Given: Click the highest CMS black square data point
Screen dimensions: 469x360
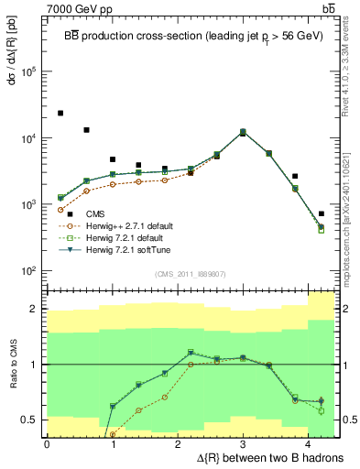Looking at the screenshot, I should click(60, 114).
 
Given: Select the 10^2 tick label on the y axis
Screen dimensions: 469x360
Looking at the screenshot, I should click(28, 271).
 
